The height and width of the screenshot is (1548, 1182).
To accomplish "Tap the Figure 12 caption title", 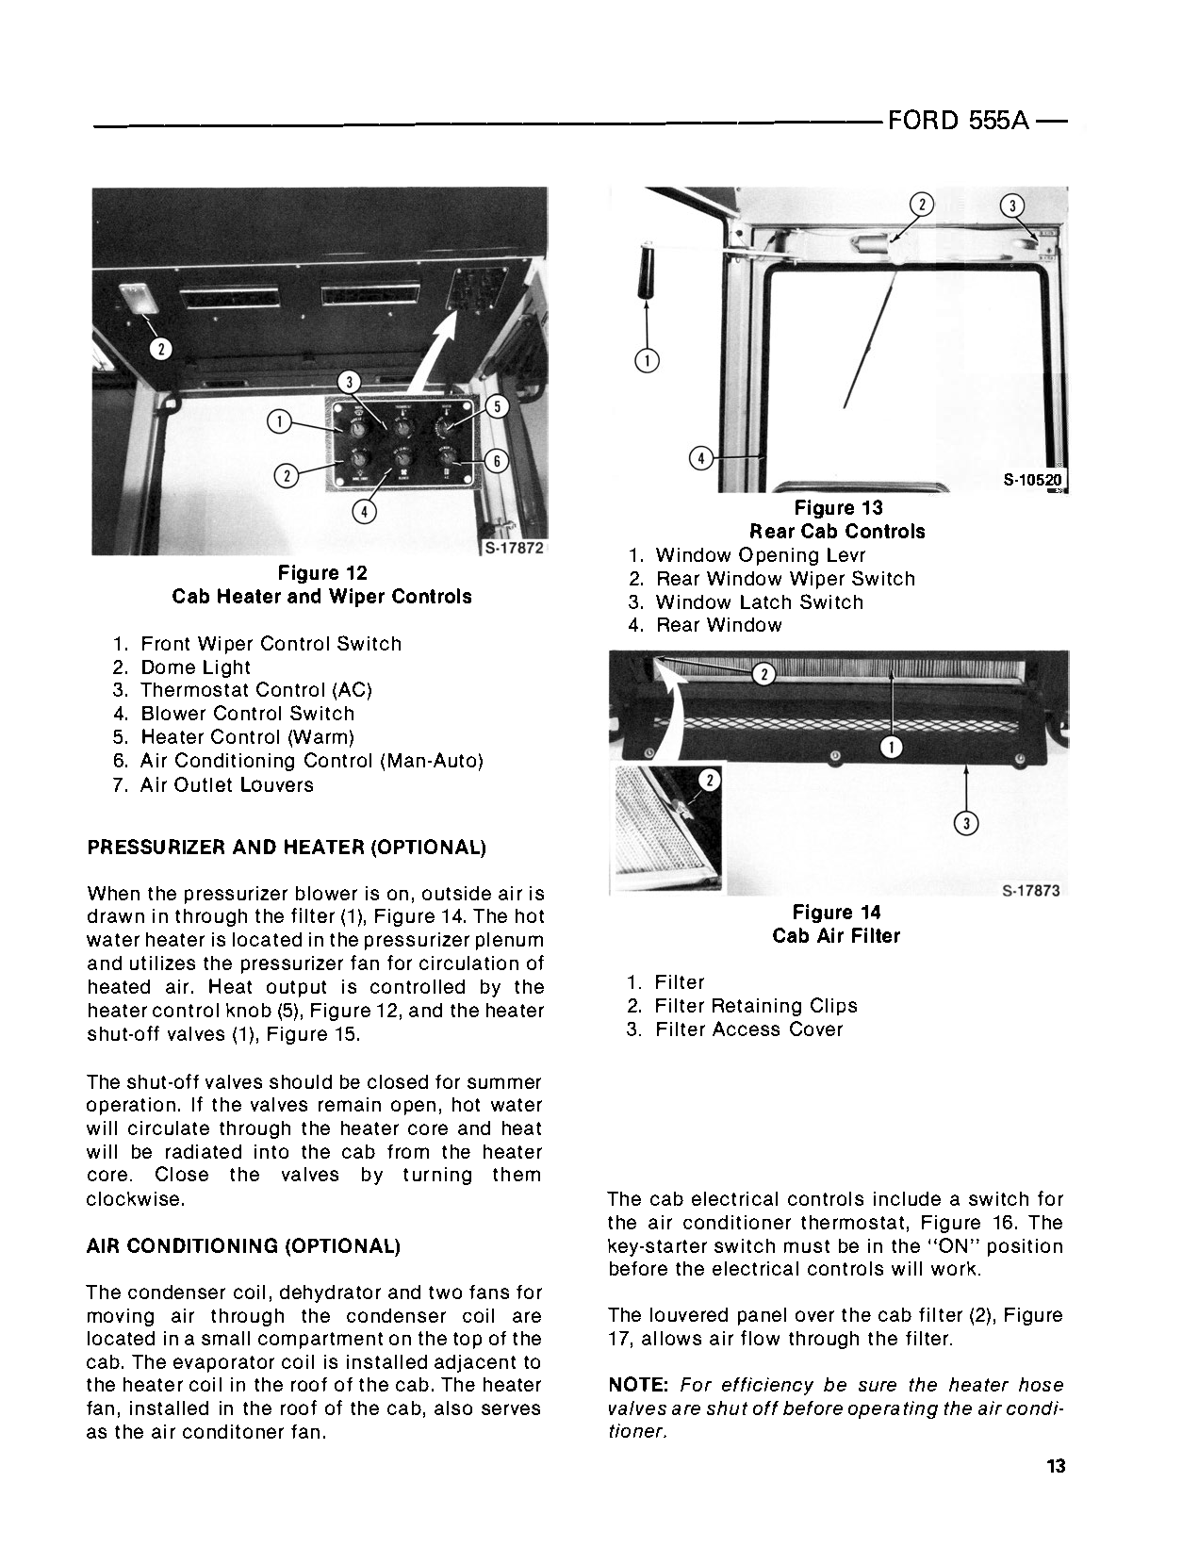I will coord(322,573).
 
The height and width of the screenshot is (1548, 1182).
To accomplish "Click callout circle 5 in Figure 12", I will coord(498,406).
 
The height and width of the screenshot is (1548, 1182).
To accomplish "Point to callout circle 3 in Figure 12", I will coord(350,382).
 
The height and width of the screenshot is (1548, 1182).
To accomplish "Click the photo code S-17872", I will coord(514,548).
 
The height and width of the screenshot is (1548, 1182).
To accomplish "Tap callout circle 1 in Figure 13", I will coord(648,359).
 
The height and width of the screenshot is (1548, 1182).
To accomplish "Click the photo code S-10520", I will coord(1032,480).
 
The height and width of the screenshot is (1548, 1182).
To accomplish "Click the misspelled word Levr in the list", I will coord(845,555).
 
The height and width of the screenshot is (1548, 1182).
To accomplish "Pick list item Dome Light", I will coord(195,667).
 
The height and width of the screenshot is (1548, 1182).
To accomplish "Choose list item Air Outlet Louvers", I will coord(226,784).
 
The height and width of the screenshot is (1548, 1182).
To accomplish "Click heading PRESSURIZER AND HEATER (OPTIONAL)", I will coord(287,847).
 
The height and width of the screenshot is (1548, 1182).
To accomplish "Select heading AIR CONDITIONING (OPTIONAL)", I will coord(243,1246).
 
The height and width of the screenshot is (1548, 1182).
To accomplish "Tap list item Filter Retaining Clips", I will coord(755,1006).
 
